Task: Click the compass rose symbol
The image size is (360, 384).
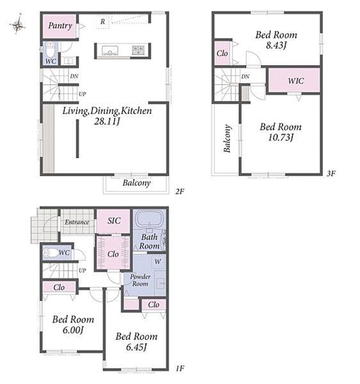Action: pyautogui.click(x=17, y=24)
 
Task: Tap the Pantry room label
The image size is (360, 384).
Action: pyautogui.click(x=60, y=26)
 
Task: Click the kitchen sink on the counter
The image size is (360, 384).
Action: pyautogui.click(x=110, y=50)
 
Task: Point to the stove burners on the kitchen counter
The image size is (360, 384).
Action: pyautogui.click(x=139, y=50)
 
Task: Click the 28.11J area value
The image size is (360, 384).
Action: pyautogui.click(x=107, y=122)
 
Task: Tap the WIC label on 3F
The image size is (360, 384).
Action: pyautogui.click(x=296, y=81)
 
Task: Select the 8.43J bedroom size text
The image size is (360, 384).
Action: pyautogui.click(x=276, y=45)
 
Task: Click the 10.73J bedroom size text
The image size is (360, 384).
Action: pyautogui.click(x=281, y=138)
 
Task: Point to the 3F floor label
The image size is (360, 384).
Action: pyautogui.click(x=331, y=173)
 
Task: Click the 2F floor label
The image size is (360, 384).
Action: pyautogui.click(x=179, y=191)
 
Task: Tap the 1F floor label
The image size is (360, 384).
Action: pyautogui.click(x=180, y=368)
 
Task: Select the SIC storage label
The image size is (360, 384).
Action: pyautogui.click(x=114, y=221)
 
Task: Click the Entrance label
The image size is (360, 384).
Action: pyautogui.click(x=77, y=222)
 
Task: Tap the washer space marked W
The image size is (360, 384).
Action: pyautogui.click(x=158, y=262)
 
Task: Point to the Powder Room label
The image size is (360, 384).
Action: pyautogui.click(x=140, y=280)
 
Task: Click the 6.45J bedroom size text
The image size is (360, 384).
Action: pyautogui.click(x=136, y=347)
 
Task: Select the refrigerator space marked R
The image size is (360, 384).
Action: pyautogui.click(x=102, y=22)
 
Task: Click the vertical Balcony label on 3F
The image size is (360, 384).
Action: pyautogui.click(x=227, y=139)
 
